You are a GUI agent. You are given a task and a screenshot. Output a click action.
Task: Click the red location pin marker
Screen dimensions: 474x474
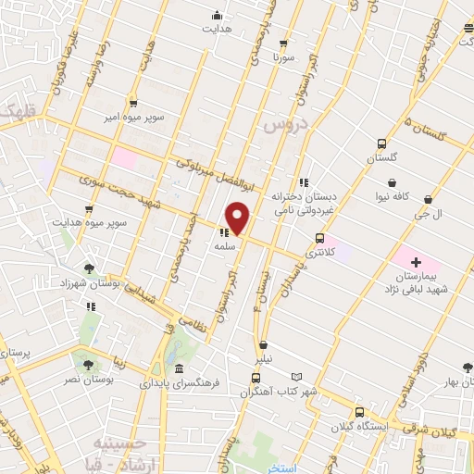[238, 218]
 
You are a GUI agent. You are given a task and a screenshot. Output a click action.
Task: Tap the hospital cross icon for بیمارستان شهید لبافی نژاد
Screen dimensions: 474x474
[416, 263]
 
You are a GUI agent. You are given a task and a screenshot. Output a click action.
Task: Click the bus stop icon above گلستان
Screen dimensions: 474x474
[381, 144]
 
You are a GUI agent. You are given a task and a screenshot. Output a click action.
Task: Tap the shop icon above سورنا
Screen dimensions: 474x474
[282, 43]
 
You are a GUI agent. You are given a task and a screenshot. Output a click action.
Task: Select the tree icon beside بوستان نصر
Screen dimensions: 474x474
[89, 364]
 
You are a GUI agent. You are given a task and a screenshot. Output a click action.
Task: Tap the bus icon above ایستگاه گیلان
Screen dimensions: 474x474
[359, 412]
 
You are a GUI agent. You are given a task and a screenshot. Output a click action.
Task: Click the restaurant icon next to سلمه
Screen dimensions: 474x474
[224, 233]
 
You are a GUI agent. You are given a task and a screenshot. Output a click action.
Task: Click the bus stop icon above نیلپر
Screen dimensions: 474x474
[264, 344]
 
